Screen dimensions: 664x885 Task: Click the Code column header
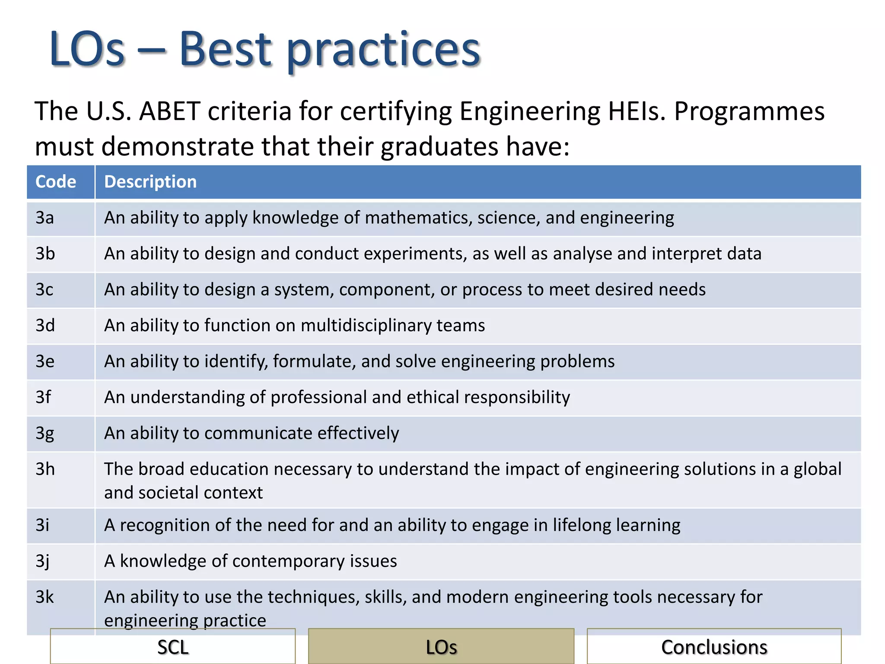pos(56,182)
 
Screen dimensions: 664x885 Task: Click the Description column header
pos(150,182)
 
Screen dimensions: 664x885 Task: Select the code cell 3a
pos(45,218)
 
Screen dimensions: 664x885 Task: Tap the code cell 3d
pos(45,326)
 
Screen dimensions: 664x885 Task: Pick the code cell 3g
pos(45,433)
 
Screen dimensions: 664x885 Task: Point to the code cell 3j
pos(43,561)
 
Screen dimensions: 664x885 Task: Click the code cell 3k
pos(45,597)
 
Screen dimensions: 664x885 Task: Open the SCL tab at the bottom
pos(173,647)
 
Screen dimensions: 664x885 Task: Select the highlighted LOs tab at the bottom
pos(441,647)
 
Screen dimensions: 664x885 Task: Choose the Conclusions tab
pos(714,647)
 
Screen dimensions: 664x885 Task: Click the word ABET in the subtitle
pos(169,112)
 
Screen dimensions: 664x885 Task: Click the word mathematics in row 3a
pos(418,218)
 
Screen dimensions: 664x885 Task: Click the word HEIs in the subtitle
pos(637,112)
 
